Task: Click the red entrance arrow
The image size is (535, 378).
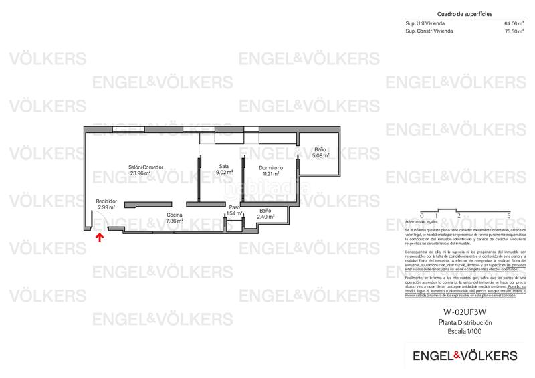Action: tap(100, 236)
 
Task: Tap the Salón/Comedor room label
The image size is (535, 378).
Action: tap(146, 167)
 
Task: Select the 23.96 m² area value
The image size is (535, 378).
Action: tap(140, 173)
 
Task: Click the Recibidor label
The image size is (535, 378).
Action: tap(106, 201)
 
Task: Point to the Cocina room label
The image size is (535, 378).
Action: tap(175, 214)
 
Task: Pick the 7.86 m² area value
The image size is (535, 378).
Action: tap(175, 220)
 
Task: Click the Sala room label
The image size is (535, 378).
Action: tap(224, 166)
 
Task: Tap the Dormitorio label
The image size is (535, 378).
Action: tap(270, 167)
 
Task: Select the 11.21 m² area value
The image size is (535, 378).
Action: tap(270, 173)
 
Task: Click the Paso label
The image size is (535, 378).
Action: tap(234, 207)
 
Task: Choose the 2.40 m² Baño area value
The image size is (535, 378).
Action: tap(265, 217)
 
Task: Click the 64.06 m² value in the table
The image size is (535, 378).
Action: tap(512, 23)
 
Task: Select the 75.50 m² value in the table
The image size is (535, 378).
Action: tap(512, 31)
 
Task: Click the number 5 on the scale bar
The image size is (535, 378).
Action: tap(509, 216)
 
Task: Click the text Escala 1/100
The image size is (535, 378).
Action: tap(460, 330)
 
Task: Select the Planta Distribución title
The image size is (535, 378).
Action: tap(460, 322)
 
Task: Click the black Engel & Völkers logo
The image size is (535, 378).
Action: tap(460, 355)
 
